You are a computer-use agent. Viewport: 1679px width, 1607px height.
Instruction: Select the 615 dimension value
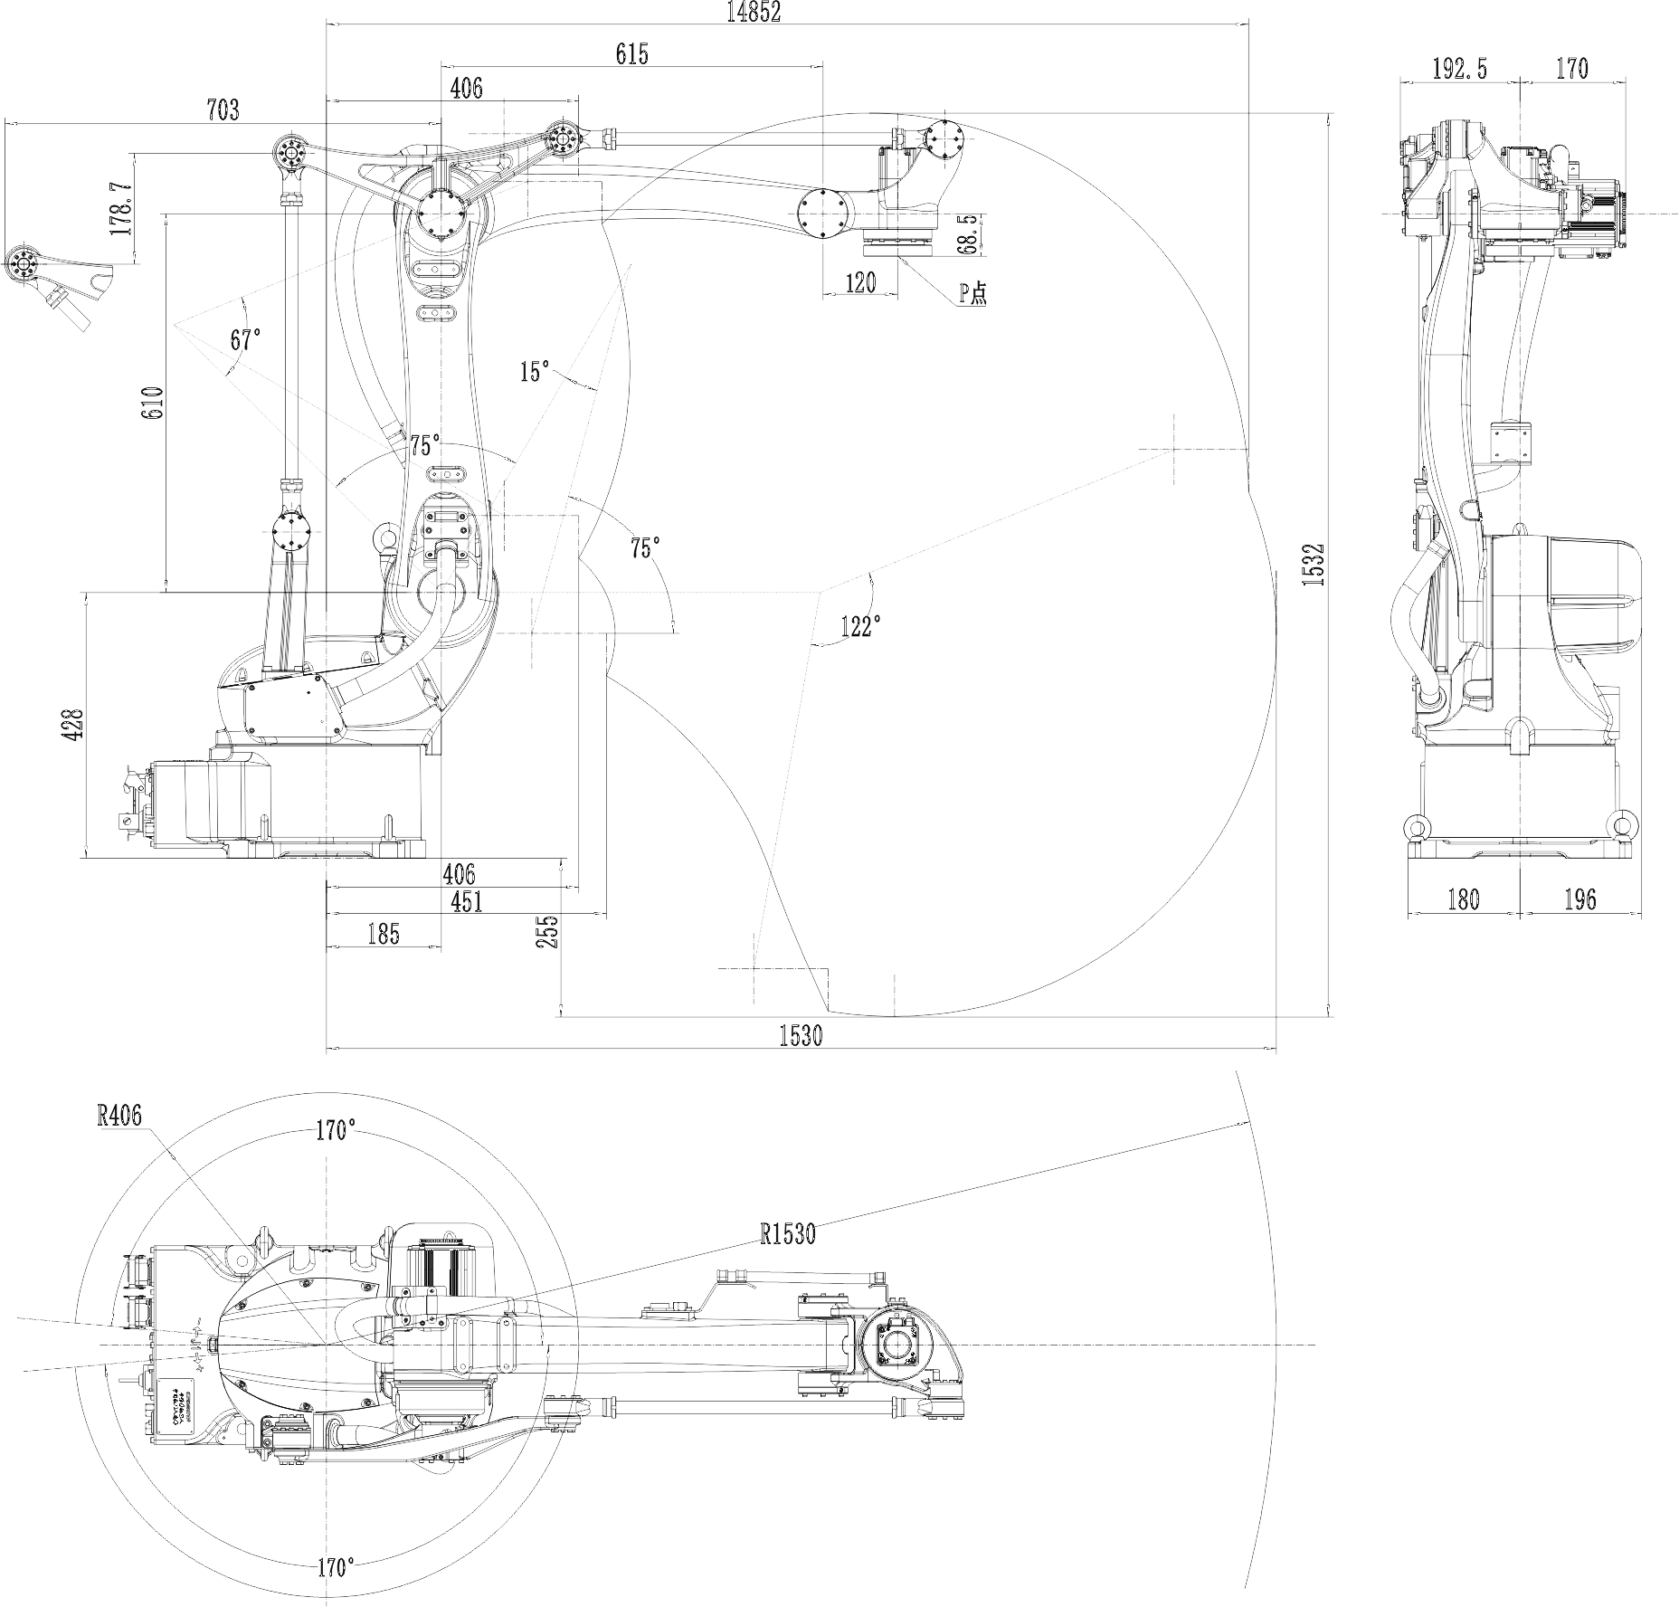[631, 54]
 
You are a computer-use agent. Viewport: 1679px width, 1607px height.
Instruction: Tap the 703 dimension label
[223, 109]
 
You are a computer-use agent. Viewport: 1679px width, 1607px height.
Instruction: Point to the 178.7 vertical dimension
[120, 209]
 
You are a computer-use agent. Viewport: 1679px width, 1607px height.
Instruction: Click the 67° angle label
[245, 340]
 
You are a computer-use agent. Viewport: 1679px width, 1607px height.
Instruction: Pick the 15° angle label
[535, 371]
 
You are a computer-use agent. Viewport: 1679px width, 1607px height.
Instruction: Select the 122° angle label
[860, 626]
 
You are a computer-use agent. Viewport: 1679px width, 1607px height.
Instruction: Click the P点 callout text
[973, 292]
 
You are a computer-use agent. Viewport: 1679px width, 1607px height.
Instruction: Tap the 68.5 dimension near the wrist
[967, 234]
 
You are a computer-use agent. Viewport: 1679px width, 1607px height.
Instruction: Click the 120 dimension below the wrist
[860, 283]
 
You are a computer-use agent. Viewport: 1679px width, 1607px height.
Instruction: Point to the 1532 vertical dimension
[1314, 564]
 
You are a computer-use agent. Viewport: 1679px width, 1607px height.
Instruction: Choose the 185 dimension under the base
[384, 934]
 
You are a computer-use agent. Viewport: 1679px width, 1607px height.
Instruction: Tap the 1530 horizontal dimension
[801, 1036]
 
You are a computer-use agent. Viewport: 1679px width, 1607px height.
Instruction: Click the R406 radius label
[120, 1116]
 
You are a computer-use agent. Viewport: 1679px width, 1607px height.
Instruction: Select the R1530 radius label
[788, 1234]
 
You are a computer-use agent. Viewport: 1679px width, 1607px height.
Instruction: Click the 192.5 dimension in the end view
[1459, 69]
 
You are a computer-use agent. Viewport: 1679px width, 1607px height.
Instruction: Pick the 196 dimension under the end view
[1579, 899]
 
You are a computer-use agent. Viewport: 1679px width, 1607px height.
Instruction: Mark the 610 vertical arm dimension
[153, 402]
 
